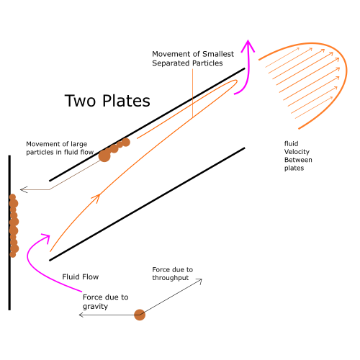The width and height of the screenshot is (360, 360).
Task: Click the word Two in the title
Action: tap(81, 101)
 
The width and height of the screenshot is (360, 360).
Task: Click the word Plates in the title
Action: tap(126, 101)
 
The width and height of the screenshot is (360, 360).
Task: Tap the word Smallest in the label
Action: tap(218, 54)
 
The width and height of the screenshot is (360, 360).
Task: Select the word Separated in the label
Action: tap(171, 63)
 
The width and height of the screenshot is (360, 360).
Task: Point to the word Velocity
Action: tap(297, 152)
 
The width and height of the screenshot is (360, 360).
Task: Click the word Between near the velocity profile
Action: tap(298, 160)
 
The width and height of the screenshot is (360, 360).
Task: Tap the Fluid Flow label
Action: tap(81, 276)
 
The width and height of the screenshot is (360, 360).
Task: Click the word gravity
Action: tap(95, 307)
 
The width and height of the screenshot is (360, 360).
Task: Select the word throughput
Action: tap(171, 278)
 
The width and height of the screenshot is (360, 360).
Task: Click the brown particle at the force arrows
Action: tap(140, 315)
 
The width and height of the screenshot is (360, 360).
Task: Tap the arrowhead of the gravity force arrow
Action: tap(81, 315)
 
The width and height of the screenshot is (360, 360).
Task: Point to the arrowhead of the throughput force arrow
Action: tap(199, 281)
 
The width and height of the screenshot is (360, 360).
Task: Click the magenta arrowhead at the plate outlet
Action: tap(248, 45)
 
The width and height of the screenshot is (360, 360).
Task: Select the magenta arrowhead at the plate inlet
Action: tap(46, 238)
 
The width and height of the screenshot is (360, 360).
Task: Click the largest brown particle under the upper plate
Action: tap(104, 156)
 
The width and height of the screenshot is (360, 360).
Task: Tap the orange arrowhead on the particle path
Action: tap(96, 198)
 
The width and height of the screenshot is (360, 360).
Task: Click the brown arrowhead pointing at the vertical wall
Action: tap(24, 189)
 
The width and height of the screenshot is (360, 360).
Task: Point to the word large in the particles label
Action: tap(78, 144)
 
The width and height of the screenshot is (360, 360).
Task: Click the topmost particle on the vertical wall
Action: tap(12, 197)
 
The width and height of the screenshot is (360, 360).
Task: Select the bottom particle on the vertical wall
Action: tap(13, 254)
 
